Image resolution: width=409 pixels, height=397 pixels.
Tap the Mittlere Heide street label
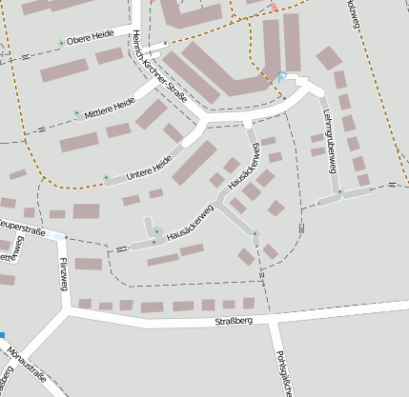point(111,107)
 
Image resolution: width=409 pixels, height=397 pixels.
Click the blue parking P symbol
point(281,75)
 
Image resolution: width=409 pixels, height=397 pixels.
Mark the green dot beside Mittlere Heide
point(77,114)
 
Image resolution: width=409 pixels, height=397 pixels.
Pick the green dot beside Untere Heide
point(106,177)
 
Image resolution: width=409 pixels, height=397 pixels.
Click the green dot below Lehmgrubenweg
point(339,192)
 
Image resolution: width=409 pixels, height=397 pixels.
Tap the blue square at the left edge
point(2,335)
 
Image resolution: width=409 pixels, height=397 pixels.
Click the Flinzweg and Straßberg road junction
point(67,308)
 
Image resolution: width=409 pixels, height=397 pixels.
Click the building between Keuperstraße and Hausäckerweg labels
point(87,211)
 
